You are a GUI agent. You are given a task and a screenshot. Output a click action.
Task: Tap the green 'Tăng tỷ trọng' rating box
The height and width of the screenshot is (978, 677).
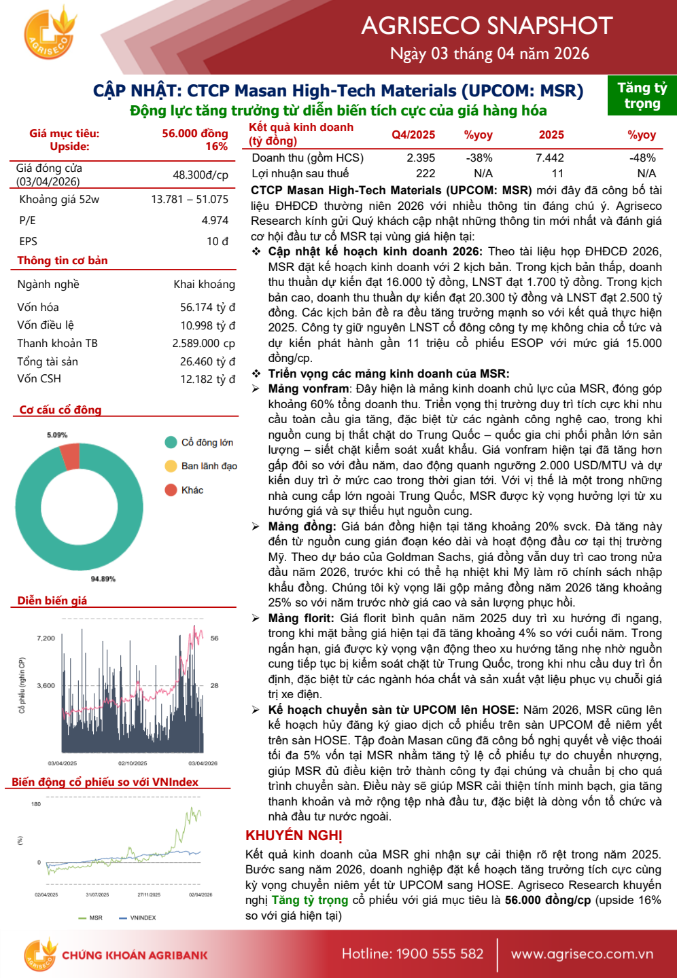(x=642, y=96)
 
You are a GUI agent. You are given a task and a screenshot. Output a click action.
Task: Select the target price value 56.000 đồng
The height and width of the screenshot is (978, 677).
(x=194, y=134)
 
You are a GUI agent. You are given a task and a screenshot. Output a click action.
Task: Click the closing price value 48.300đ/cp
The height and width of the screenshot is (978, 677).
(x=200, y=175)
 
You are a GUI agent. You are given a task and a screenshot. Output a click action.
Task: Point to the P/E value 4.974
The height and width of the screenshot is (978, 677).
(x=215, y=221)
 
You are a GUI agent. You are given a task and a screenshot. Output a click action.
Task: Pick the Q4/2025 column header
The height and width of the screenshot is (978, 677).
(x=413, y=135)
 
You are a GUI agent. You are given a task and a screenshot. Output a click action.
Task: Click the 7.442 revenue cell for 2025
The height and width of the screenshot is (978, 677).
(x=549, y=158)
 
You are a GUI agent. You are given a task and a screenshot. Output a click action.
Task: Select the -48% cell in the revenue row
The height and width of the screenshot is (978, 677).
(x=642, y=158)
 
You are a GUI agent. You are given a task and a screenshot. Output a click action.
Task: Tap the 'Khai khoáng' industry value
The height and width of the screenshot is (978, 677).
(x=204, y=285)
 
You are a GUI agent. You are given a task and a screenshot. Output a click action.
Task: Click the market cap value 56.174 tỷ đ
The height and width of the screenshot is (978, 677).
(x=207, y=308)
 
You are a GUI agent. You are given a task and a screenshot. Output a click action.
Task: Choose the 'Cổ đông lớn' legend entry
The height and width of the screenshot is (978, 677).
(x=207, y=443)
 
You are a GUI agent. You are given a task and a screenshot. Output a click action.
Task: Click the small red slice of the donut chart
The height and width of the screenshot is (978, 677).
(x=70, y=456)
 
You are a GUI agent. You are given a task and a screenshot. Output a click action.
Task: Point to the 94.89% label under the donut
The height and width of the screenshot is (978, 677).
(x=103, y=579)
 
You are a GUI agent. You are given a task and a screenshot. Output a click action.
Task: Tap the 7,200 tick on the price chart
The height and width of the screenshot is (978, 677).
(x=46, y=638)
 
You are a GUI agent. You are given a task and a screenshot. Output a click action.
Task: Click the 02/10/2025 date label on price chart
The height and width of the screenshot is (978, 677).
(x=133, y=763)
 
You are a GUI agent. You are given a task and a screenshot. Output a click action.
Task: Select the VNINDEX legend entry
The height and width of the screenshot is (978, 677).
(x=143, y=918)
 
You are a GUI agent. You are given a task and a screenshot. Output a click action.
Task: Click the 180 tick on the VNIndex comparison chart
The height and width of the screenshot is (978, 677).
(x=36, y=804)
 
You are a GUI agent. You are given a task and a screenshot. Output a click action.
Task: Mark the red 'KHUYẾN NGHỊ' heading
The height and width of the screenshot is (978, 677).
(x=294, y=835)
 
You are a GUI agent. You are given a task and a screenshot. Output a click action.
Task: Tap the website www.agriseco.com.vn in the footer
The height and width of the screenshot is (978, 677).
(x=582, y=954)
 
